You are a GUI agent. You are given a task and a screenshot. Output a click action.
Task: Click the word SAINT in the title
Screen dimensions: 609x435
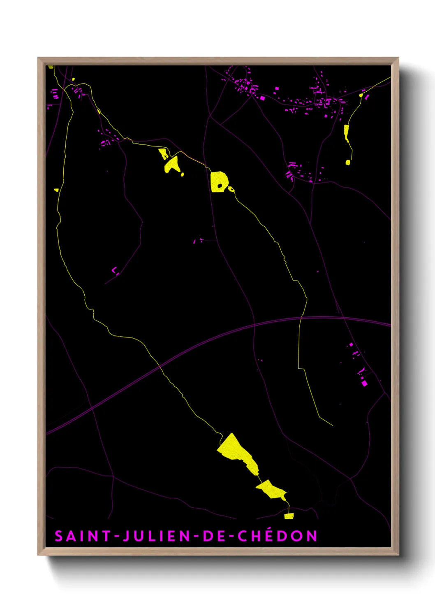(x=82, y=536)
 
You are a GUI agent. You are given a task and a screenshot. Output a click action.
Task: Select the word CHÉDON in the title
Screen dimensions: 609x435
(x=278, y=536)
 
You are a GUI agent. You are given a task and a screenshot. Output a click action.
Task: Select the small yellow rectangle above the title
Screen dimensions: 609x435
(x=289, y=516)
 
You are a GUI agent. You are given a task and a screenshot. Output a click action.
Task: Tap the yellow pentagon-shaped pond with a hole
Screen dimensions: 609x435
(x=217, y=181)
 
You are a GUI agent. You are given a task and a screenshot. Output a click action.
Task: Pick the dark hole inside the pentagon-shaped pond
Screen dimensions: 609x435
(x=220, y=186)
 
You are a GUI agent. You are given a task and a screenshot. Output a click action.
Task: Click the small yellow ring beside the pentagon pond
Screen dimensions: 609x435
(x=231, y=189)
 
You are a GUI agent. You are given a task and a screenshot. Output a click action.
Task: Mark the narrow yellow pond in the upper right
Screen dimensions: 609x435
(x=347, y=132)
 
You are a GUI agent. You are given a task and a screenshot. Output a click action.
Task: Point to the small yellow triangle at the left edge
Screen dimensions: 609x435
(x=57, y=190)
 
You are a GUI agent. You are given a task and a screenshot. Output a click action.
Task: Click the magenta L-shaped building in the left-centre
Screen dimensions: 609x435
(x=114, y=271)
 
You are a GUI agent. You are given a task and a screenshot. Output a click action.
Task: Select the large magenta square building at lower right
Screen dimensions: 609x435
(x=364, y=384)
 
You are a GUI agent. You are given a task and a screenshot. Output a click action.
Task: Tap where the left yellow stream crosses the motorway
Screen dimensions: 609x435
(x=160, y=366)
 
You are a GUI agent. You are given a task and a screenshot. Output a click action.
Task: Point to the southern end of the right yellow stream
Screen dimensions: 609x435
(x=332, y=425)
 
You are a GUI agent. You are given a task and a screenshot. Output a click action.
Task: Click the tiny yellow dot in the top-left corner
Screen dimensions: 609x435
(x=73, y=79)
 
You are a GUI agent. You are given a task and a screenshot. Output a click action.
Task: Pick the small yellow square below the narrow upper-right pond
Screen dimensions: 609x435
(x=348, y=163)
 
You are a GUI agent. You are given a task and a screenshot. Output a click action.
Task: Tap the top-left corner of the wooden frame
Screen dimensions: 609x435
(x=38, y=58)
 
